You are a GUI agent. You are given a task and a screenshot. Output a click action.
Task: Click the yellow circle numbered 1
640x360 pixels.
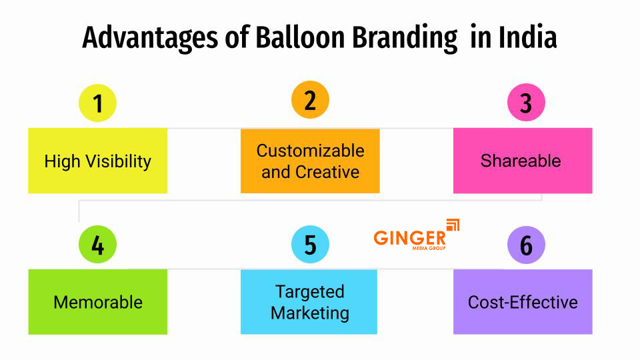(x=97, y=103)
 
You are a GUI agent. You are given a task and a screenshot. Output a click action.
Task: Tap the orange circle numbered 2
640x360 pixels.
(x=310, y=100)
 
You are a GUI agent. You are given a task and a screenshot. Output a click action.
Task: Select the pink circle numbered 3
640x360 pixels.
(x=526, y=103)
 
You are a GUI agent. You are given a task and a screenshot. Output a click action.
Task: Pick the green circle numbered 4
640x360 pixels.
(x=97, y=245)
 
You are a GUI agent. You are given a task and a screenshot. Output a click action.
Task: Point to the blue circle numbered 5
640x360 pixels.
(x=310, y=245)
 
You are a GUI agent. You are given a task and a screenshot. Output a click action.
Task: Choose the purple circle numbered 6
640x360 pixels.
(x=526, y=245)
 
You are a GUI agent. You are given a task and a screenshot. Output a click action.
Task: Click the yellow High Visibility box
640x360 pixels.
(x=97, y=161)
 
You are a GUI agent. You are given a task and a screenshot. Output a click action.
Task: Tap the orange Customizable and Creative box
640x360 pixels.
(x=310, y=161)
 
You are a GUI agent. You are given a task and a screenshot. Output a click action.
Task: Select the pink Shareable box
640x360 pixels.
(x=523, y=161)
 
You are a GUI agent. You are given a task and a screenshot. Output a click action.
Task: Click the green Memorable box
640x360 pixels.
(x=97, y=301)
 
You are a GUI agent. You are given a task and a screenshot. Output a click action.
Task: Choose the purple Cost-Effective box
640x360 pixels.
(x=523, y=301)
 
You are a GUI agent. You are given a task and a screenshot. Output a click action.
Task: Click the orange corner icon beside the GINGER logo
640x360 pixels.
(x=453, y=225)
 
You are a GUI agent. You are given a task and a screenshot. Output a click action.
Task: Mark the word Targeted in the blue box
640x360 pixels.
(x=310, y=291)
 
